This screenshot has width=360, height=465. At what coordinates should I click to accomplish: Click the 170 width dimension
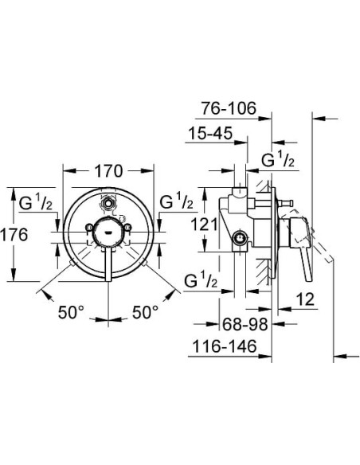[108, 170]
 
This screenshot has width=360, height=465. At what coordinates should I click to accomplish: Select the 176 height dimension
[15, 235]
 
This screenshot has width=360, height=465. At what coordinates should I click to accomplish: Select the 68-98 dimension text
[245, 324]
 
